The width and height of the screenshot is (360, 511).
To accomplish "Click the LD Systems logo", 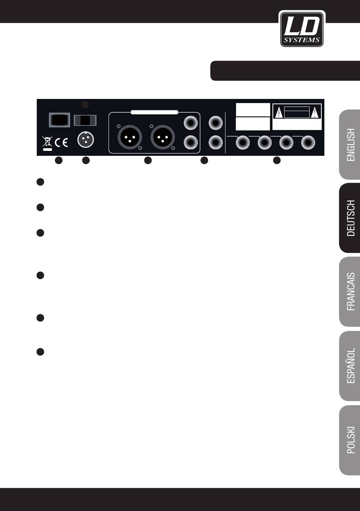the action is (x=302, y=29).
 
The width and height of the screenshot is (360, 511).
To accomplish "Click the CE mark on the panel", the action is (x=61, y=143).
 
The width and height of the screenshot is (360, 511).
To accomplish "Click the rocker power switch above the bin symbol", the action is (x=60, y=120).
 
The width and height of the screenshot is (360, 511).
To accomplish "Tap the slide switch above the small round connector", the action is (x=85, y=120).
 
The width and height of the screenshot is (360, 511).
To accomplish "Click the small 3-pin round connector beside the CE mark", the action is (x=86, y=140).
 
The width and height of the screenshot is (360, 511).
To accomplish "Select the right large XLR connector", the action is (x=163, y=136).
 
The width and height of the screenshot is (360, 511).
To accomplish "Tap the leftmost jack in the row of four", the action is (x=243, y=143).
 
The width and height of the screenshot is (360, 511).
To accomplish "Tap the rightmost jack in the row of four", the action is (x=308, y=143).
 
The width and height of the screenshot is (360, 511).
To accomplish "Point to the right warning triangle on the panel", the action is (x=315, y=113).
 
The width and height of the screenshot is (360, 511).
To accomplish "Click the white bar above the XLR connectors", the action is (x=154, y=112).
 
